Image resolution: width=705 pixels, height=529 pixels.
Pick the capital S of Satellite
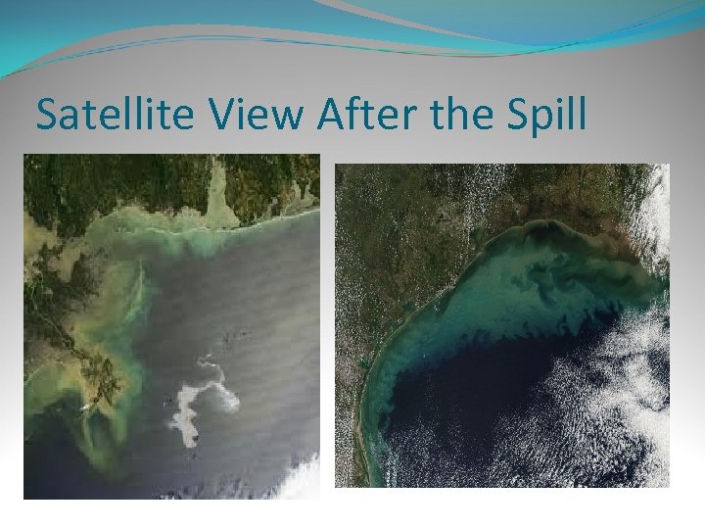point(46,116)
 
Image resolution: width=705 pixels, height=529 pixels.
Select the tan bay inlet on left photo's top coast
point(218,197)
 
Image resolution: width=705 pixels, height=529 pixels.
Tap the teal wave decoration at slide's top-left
point(59,39)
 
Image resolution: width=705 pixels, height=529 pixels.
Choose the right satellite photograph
point(502,324)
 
